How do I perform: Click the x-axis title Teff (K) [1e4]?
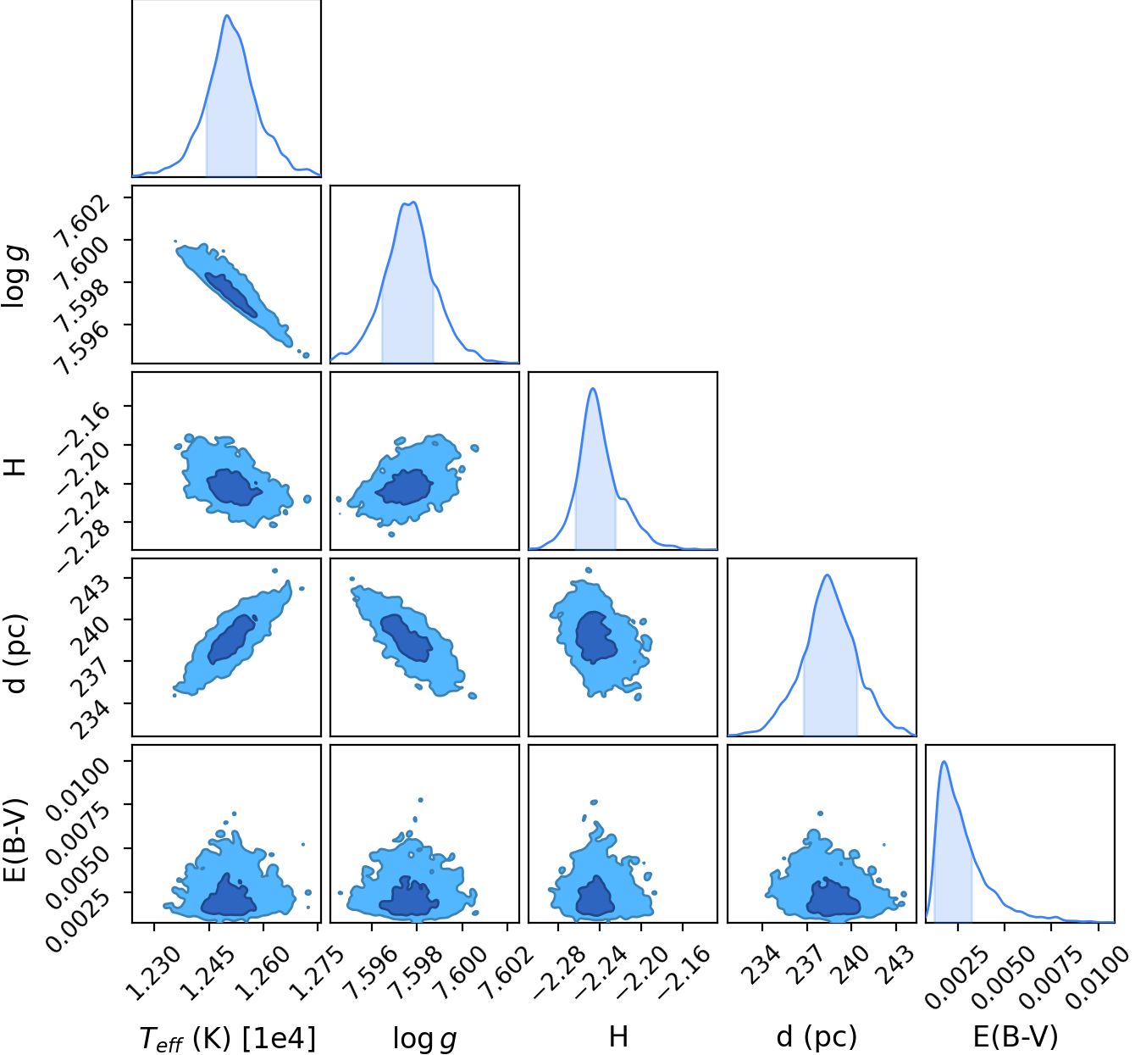[x=228, y=1037]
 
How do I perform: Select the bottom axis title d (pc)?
[x=817, y=1036]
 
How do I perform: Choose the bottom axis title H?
[x=618, y=1036]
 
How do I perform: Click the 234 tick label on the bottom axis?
[x=762, y=964]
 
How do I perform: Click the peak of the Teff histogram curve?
[x=227, y=15]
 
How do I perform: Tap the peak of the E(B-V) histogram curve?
[x=944, y=762]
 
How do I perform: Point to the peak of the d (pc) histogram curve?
[x=827, y=575]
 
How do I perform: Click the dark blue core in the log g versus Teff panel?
[x=231, y=295]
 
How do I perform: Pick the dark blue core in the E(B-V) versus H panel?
[x=595, y=896]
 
